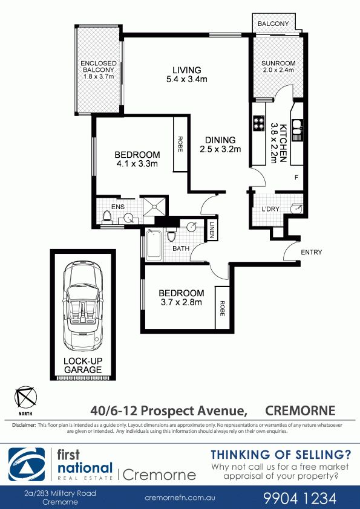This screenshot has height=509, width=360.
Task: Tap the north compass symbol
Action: (25, 397)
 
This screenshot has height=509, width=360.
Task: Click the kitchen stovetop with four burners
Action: (259, 124)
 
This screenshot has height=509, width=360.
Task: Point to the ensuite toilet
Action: (106, 217)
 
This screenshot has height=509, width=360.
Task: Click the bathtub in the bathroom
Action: (154, 245)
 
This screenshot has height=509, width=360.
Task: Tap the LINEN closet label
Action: (212, 230)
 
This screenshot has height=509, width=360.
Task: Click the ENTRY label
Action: (311, 252)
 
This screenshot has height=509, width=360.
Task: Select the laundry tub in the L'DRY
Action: (296, 209)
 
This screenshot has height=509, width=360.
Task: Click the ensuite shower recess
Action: (154, 206)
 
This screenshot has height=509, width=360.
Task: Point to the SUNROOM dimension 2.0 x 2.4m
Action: (278, 70)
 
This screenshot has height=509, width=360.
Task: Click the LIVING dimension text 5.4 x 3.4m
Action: (187, 79)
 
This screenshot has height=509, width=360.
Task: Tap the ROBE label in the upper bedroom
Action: (180, 144)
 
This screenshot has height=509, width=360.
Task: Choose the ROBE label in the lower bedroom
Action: (222, 308)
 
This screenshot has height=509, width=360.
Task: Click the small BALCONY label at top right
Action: (273, 24)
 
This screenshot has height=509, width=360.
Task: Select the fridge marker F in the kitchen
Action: (296, 178)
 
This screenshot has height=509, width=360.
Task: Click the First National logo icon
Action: (27, 464)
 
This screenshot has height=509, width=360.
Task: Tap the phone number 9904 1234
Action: (300, 498)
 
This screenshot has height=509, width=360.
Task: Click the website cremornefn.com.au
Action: (180, 498)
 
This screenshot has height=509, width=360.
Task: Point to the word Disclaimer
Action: (24, 425)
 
